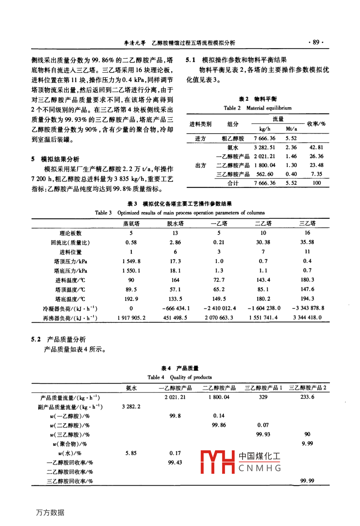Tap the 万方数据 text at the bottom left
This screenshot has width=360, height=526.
(x=50, y=512)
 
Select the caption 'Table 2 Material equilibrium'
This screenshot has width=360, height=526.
(x=257, y=108)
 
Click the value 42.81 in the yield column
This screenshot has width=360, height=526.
(x=316, y=147)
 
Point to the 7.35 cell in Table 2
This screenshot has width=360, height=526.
(x=316, y=174)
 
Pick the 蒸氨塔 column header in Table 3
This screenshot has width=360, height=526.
(x=131, y=224)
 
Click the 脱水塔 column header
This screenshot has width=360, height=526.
(x=175, y=224)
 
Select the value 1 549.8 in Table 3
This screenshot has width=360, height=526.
(x=131, y=261)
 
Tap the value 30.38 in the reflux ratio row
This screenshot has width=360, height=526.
(x=263, y=242)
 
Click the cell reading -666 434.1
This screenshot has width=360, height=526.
(x=176, y=308)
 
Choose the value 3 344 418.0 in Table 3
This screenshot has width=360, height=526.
(x=307, y=318)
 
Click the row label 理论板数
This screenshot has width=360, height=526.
(x=70, y=233)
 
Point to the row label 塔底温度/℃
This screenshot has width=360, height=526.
(x=70, y=299)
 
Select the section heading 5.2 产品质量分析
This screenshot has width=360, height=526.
(x=59, y=340)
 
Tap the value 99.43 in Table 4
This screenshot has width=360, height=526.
(x=175, y=462)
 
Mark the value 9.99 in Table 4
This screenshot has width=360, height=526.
(x=307, y=444)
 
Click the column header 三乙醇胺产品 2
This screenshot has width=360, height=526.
(x=307, y=388)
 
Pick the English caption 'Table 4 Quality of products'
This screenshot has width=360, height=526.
(x=180, y=377)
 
